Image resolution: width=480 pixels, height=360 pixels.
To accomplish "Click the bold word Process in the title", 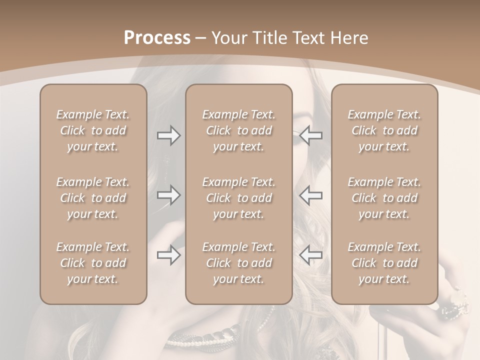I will click(157, 38).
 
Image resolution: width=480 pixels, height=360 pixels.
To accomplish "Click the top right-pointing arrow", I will click(168, 135).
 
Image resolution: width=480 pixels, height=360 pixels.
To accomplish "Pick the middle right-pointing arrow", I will click(168, 195).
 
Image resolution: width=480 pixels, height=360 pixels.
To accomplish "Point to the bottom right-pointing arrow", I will click(168, 255).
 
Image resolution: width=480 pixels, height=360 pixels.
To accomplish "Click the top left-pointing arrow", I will click(310, 135).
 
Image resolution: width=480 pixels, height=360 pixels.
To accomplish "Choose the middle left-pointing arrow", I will click(310, 195).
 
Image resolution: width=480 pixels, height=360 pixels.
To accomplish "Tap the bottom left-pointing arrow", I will click(310, 255).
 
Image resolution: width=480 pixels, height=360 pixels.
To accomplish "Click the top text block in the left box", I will click(93, 130).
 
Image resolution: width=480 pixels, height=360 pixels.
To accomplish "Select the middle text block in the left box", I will click(93, 198).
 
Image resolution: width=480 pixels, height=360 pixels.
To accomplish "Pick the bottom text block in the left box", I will click(93, 263).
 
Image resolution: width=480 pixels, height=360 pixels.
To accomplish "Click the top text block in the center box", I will click(239, 130).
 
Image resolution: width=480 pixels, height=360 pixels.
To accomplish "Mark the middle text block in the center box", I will click(239, 198).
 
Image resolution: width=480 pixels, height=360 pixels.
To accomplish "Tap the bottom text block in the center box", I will click(239, 263).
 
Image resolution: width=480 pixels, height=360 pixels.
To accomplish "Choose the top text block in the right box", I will click(384, 130).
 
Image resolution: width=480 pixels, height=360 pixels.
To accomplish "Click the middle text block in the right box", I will click(384, 198).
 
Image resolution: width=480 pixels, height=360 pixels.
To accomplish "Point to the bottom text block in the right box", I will click(384, 263).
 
